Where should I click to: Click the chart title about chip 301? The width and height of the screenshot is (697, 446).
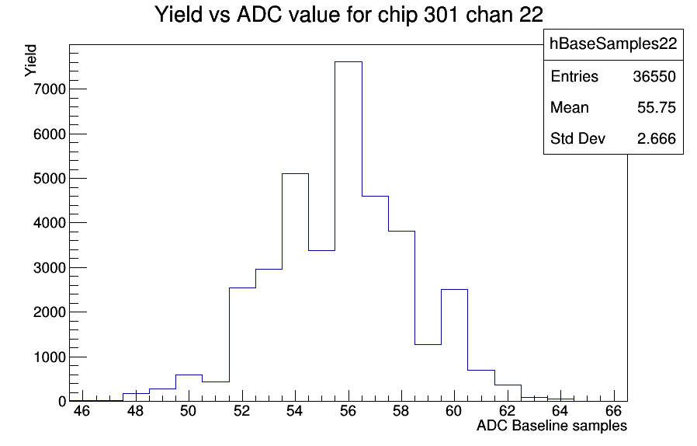(349, 15)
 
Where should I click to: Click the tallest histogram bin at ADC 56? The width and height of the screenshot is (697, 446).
(348, 232)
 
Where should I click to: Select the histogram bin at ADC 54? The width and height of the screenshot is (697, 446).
(295, 287)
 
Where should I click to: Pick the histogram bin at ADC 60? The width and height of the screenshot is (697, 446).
(454, 346)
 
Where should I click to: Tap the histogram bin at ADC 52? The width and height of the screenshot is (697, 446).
(242, 344)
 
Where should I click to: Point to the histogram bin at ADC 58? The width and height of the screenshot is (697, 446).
(401, 316)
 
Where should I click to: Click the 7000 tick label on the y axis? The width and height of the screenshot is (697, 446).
(50, 89)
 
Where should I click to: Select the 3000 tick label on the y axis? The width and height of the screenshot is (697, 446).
(50, 268)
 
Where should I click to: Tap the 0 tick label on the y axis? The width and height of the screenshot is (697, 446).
(62, 402)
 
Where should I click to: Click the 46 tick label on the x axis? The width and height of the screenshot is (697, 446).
(81, 411)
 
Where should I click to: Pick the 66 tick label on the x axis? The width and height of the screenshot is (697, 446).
(613, 411)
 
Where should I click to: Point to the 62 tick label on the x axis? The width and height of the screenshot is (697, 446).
(507, 411)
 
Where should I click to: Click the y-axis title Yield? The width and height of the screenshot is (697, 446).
(31, 61)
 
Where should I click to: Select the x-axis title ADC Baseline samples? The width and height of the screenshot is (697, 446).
(552, 426)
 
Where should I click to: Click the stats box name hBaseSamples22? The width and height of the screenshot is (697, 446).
(613, 44)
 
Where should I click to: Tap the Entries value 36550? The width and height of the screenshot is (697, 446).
(654, 77)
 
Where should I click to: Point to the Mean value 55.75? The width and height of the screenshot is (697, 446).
(657, 108)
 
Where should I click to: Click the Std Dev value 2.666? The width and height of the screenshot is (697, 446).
(657, 139)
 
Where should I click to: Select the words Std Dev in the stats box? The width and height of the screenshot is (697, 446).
(578, 139)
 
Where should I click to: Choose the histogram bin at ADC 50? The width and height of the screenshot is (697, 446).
(189, 389)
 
